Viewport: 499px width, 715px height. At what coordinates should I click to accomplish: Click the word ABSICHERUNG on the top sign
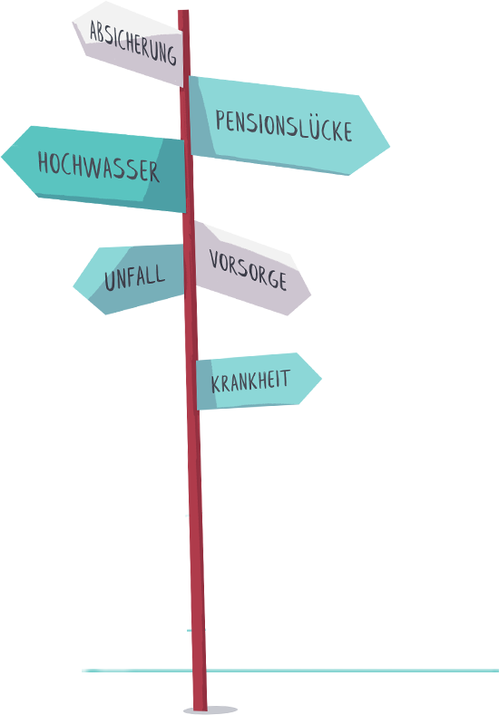pos(132,43)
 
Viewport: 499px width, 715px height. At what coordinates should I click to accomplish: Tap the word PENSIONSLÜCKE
pos(283,125)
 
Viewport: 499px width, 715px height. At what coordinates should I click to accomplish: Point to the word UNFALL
pos(134,277)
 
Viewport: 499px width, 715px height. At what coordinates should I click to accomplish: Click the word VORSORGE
pos(248,269)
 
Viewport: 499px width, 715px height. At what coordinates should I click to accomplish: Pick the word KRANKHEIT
pos(250,381)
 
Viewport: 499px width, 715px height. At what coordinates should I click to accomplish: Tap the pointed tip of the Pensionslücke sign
pos(389,147)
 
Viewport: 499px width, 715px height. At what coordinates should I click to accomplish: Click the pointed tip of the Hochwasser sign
pos(2,157)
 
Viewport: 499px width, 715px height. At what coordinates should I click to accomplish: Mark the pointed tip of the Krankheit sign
pos(321,378)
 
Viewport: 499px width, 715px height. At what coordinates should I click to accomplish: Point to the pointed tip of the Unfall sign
pos(73,286)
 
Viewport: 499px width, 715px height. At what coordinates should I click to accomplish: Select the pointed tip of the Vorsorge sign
pos(310,295)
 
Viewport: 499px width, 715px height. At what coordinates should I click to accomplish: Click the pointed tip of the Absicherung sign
pos(73,22)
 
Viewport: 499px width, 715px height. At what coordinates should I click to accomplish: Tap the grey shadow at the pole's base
pos(210,710)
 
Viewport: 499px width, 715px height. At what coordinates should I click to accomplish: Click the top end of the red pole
pos(183,11)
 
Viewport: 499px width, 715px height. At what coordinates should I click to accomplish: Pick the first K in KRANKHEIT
pos(215,384)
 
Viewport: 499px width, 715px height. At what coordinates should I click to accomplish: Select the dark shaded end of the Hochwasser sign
pos(167,175)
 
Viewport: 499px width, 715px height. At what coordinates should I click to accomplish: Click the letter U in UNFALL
pos(110,281)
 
